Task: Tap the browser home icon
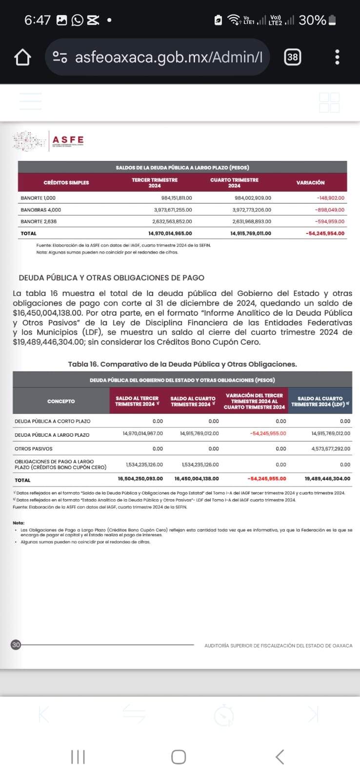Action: [22, 58]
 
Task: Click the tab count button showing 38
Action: [292, 57]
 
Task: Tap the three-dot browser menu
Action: [337, 57]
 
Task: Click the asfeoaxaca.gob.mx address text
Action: [169, 58]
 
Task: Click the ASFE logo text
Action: [68, 140]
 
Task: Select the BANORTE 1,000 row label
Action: [38, 198]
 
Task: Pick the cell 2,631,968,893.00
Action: [252, 221]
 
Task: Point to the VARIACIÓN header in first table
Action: [310, 182]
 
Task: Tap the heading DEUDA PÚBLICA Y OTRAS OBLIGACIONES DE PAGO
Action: [111, 277]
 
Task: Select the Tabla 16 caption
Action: [182, 364]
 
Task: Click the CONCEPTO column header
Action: [61, 401]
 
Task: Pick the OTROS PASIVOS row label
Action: [34, 448]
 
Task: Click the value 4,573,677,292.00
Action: [331, 448]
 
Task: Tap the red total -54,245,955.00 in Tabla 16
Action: [266, 479]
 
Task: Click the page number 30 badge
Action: [16, 645]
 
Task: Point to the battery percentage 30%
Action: [312, 20]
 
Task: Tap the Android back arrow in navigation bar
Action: [280, 757]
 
